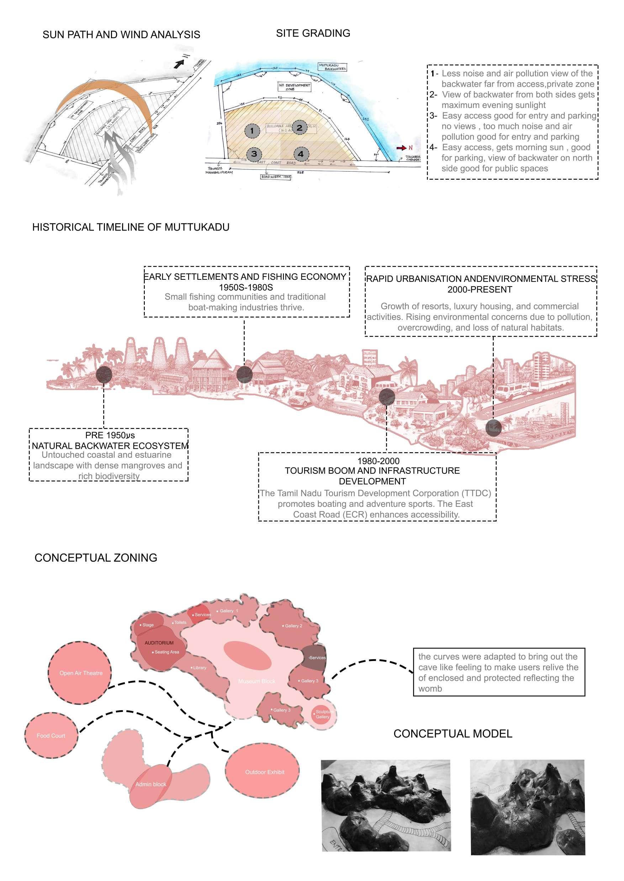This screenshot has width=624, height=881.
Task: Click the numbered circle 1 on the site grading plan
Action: point(252,131)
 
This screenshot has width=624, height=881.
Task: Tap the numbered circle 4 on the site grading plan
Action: point(301,154)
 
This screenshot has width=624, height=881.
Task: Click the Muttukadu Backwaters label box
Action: point(332,67)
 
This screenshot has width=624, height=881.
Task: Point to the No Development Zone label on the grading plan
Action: point(294,87)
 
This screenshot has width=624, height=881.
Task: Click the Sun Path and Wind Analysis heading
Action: point(121,35)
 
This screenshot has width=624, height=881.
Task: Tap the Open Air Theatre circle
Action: point(80,673)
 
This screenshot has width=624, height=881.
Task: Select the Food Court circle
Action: point(51,735)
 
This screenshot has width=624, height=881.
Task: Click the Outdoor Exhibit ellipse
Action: point(264,772)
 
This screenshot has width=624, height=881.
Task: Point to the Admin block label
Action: point(150,784)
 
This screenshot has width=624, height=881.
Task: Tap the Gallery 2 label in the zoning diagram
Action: point(293,626)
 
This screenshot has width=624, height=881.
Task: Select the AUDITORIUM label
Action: point(159,643)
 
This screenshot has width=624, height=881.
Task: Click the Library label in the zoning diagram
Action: point(200,668)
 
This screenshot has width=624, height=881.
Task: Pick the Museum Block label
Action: point(257,681)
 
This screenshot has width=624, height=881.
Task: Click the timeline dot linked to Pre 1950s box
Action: point(104,374)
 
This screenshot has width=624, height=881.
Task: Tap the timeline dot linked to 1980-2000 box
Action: point(387,396)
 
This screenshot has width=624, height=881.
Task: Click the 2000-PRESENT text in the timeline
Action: point(480,290)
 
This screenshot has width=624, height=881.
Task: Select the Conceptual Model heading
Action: point(453,734)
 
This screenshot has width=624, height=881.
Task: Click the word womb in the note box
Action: point(430,689)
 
